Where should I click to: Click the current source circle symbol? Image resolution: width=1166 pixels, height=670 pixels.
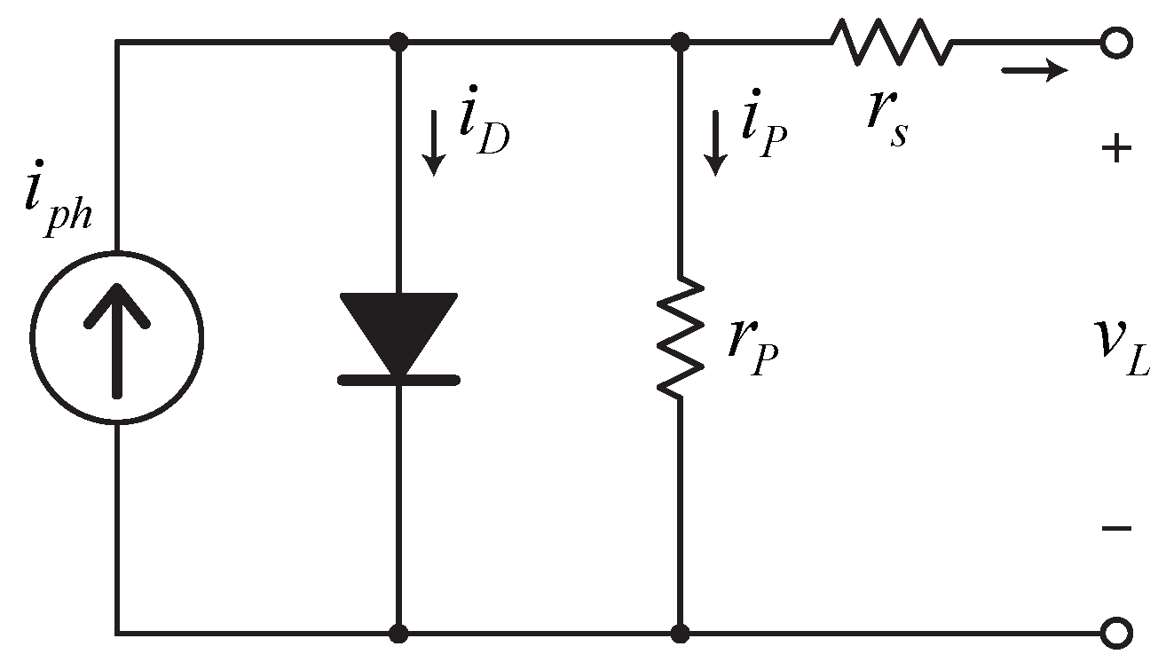pos(116,336)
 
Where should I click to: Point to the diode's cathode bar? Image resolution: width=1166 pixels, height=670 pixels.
pos(398,380)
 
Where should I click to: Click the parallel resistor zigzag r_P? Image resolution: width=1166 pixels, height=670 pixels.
pos(680,336)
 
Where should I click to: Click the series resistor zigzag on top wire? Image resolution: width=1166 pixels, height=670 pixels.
pos(890,42)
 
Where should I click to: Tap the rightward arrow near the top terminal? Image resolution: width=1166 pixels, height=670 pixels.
pos(1035,70)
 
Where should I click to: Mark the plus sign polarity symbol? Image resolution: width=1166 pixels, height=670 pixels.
pos(1116,148)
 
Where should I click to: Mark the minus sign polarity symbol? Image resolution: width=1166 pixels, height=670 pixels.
pos(1116,529)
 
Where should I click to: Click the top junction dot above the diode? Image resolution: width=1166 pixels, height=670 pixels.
pos(398,42)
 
